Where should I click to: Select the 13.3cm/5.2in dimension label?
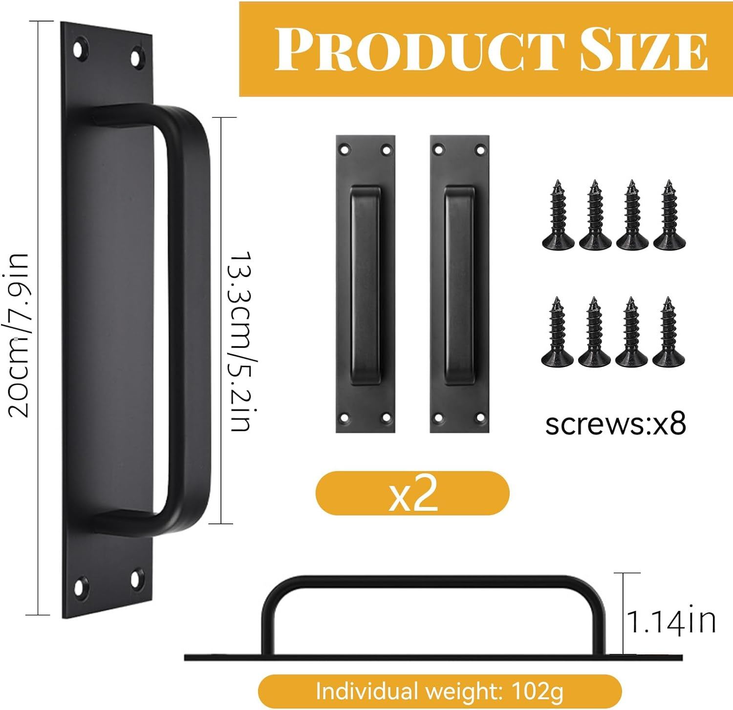coord(241,342)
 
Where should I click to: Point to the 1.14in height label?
coord(671,622)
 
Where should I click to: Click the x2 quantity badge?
coord(413,493)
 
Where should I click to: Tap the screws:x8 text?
coord(616,424)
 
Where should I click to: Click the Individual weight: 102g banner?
coord(439,691)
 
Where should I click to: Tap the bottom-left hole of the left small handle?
coord(345,418)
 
